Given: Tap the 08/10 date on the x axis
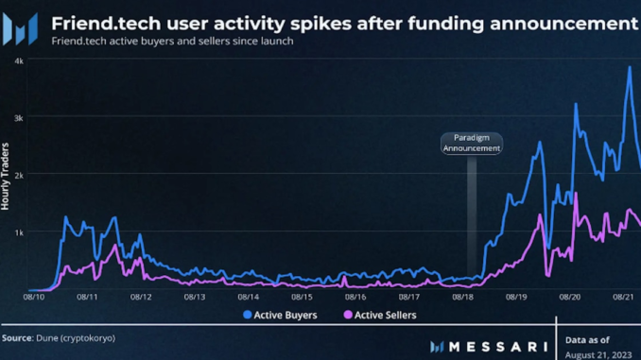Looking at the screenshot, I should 33,297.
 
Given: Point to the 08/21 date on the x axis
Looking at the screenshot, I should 623,297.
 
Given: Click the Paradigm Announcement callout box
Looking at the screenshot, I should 471,143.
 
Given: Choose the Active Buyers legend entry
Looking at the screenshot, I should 281,315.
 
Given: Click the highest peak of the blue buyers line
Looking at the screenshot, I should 630,68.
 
